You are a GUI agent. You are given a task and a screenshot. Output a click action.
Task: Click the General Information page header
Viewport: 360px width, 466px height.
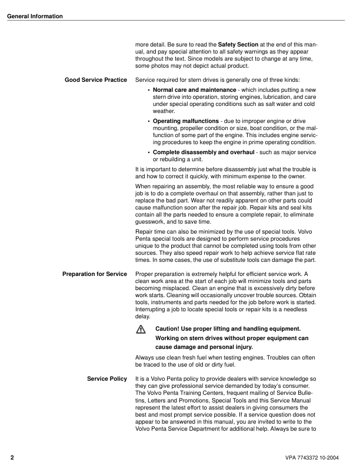point(35,16)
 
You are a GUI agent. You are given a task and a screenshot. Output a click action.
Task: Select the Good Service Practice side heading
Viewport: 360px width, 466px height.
point(96,79)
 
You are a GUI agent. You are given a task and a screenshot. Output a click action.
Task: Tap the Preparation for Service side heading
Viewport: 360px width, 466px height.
point(95,274)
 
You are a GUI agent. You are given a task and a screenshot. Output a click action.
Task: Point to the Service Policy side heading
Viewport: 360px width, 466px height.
point(107,378)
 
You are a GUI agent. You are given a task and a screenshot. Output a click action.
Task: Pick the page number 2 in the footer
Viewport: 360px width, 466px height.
point(12,457)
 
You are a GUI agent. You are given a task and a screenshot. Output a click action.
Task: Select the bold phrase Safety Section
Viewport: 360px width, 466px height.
point(238,45)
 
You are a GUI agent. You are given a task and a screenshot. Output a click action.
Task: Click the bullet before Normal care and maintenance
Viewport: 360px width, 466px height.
point(149,90)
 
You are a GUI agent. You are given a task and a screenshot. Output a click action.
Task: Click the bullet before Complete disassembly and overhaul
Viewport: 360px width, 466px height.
point(149,152)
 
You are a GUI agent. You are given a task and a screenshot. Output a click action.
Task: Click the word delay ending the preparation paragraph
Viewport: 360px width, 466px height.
point(143,316)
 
